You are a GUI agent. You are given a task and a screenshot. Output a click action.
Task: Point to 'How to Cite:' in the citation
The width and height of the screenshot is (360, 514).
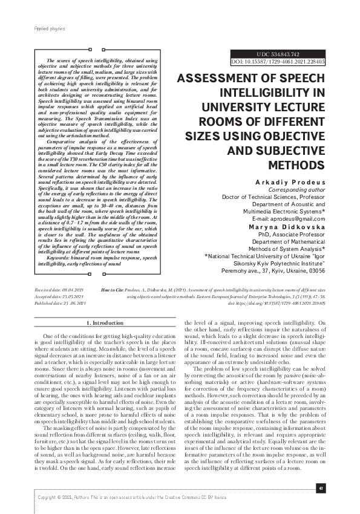click(x=113, y=290)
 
